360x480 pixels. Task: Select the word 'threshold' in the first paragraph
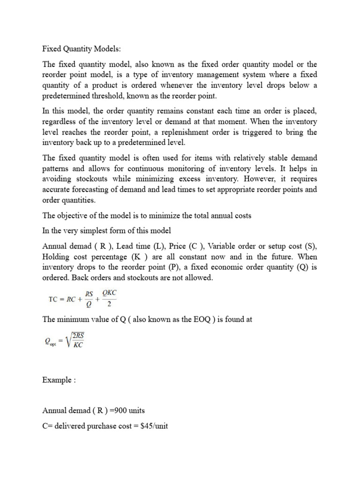click(x=120, y=96)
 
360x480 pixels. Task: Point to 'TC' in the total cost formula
click(x=54, y=298)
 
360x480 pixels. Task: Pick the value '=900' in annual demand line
click(x=118, y=410)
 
